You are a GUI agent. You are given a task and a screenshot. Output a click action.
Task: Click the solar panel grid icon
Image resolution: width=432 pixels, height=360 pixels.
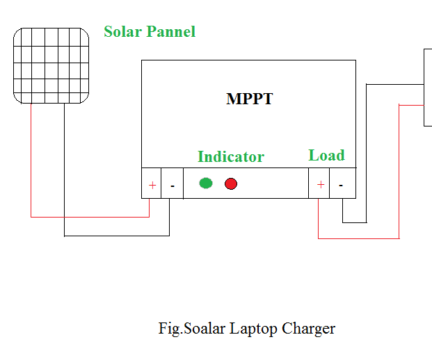[51, 66]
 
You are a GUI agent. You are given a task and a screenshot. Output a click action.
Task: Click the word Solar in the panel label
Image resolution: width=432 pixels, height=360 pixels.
[122, 32]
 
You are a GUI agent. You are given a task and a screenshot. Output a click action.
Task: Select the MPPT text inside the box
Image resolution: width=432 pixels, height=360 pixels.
[249, 99]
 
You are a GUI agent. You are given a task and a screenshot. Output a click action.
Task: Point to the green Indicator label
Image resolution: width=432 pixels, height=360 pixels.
[230, 157]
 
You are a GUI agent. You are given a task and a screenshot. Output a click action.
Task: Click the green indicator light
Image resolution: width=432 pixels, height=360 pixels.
[205, 183]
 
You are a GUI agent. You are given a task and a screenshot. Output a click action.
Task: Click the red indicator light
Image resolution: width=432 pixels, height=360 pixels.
[231, 183]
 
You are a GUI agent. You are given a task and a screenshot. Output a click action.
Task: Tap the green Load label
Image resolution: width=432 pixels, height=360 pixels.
[326, 156]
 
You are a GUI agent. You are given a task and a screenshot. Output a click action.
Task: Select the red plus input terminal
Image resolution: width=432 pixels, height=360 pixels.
[152, 186]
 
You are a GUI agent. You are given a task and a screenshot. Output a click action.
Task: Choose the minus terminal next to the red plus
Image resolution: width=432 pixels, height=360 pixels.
[172, 186]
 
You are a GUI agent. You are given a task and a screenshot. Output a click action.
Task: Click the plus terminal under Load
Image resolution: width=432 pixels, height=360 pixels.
[320, 185]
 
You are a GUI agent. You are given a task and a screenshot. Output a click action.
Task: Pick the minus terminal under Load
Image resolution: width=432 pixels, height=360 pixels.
[341, 185]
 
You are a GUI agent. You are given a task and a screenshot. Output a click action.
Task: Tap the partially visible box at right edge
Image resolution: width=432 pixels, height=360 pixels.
[428, 87]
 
